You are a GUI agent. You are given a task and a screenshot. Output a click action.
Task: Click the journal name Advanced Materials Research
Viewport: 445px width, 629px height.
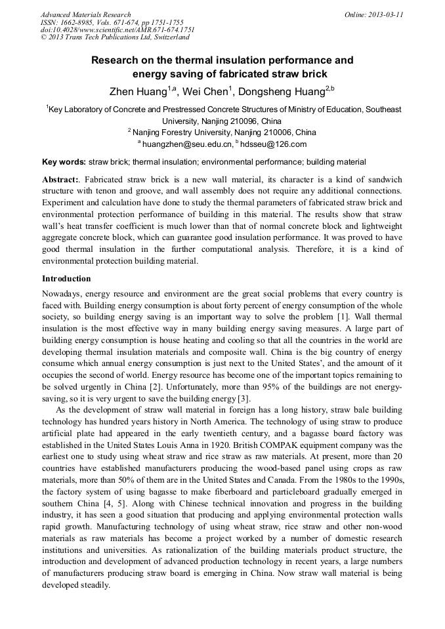coord(85,14)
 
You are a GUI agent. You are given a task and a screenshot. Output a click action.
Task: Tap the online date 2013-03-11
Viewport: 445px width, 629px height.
coord(383,14)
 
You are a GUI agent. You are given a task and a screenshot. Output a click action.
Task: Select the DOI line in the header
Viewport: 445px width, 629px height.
coord(117,30)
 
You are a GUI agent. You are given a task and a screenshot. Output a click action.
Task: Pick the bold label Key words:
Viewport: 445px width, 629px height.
coord(64,162)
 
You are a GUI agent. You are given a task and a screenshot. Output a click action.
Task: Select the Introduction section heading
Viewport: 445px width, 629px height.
coord(66,279)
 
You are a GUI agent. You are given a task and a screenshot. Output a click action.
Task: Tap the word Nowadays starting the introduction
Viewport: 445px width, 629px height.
coord(62,293)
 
